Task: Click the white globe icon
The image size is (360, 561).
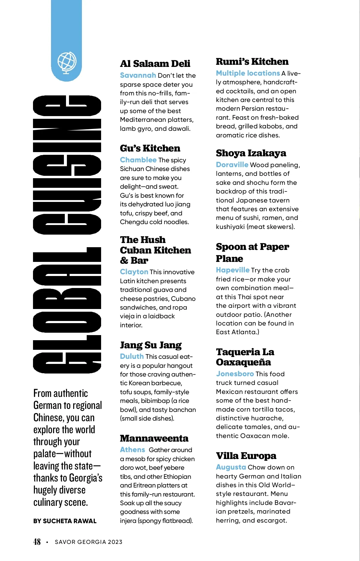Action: [x=67, y=62]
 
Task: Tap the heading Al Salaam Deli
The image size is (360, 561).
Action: [x=155, y=64]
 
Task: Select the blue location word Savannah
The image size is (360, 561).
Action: [x=138, y=75]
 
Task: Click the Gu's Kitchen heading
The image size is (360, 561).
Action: [x=150, y=148]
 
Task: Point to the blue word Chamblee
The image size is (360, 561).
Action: [x=138, y=160]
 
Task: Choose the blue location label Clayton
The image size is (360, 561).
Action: [x=134, y=272]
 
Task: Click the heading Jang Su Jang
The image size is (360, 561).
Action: [x=151, y=345]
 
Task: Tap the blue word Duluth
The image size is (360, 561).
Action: [x=132, y=356]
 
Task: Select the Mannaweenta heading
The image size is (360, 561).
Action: [x=154, y=438]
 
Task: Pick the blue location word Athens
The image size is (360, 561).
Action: [x=132, y=450]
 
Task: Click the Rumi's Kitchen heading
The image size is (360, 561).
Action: [x=252, y=61]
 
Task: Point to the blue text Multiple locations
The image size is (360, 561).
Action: [x=248, y=73]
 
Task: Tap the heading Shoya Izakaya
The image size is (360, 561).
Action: [x=251, y=153]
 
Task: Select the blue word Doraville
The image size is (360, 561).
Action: [x=232, y=165]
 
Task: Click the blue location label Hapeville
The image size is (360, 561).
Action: [x=232, y=270]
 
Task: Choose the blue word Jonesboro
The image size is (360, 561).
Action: [x=235, y=374]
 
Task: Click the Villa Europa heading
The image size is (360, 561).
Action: [x=246, y=456]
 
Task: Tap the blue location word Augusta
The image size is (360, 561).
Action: [x=231, y=467]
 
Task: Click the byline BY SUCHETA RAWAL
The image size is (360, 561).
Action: [x=65, y=521]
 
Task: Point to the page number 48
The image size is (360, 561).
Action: [x=37, y=542]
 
